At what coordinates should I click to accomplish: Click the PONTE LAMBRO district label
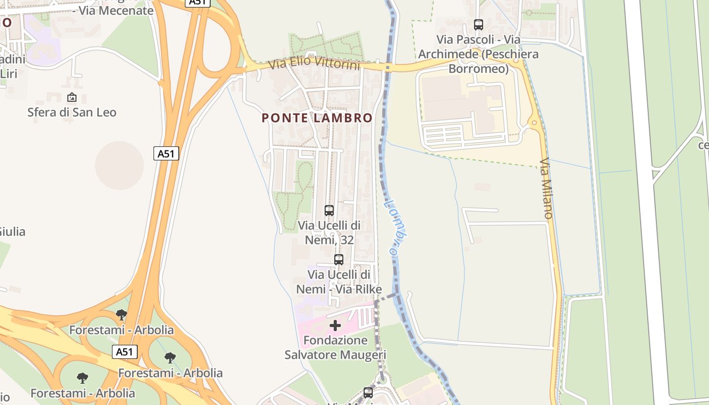click(317, 118)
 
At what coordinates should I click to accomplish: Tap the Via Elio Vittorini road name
click(314, 64)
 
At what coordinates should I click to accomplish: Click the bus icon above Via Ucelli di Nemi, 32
click(329, 210)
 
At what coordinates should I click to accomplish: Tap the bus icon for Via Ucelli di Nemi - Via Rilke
click(339, 260)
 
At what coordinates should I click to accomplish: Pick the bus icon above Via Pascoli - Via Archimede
click(478, 24)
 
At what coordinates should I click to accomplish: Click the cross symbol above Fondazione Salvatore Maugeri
click(335, 326)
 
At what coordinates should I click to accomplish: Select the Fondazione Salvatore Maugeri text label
click(335, 347)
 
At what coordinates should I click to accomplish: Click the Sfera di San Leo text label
click(72, 112)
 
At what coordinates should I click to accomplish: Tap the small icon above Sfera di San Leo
click(72, 97)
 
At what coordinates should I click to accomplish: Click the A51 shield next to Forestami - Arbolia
click(125, 352)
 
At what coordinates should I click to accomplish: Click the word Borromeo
click(479, 68)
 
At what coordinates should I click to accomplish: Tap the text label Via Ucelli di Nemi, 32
click(329, 232)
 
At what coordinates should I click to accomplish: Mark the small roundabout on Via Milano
click(534, 123)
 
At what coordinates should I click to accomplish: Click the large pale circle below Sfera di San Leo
click(120, 165)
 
